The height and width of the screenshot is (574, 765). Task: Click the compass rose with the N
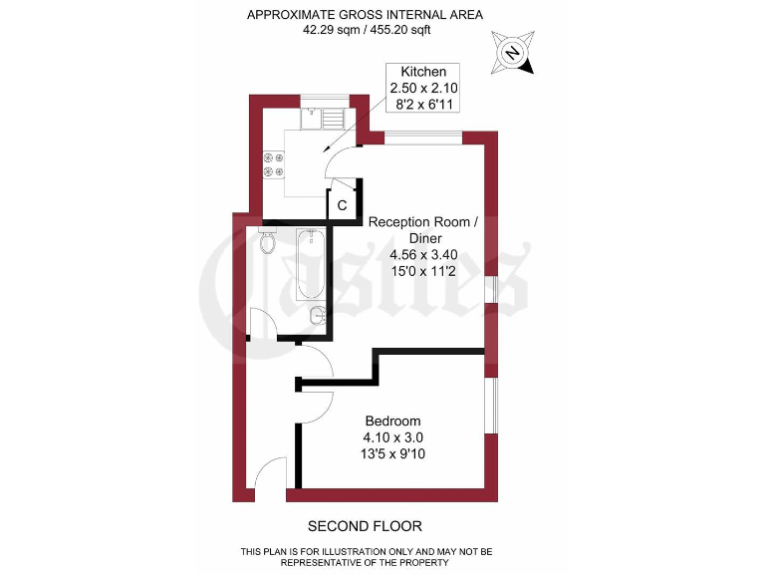[x=513, y=52]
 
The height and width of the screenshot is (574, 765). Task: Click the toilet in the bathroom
[x=266, y=242]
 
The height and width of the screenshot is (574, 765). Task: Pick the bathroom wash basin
[x=318, y=318]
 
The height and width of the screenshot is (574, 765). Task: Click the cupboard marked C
[x=342, y=205]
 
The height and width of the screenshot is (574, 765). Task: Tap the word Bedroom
[x=392, y=421]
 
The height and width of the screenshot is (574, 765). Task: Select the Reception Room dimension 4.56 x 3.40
[x=423, y=254]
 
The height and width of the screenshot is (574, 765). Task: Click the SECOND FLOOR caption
[x=365, y=526]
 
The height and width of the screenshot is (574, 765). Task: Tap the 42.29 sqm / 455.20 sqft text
[x=366, y=30]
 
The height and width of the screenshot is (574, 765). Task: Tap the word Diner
[x=423, y=237]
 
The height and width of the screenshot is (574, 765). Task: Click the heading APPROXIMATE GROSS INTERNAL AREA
[x=366, y=14]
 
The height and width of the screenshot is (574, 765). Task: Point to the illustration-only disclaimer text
[x=366, y=555]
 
